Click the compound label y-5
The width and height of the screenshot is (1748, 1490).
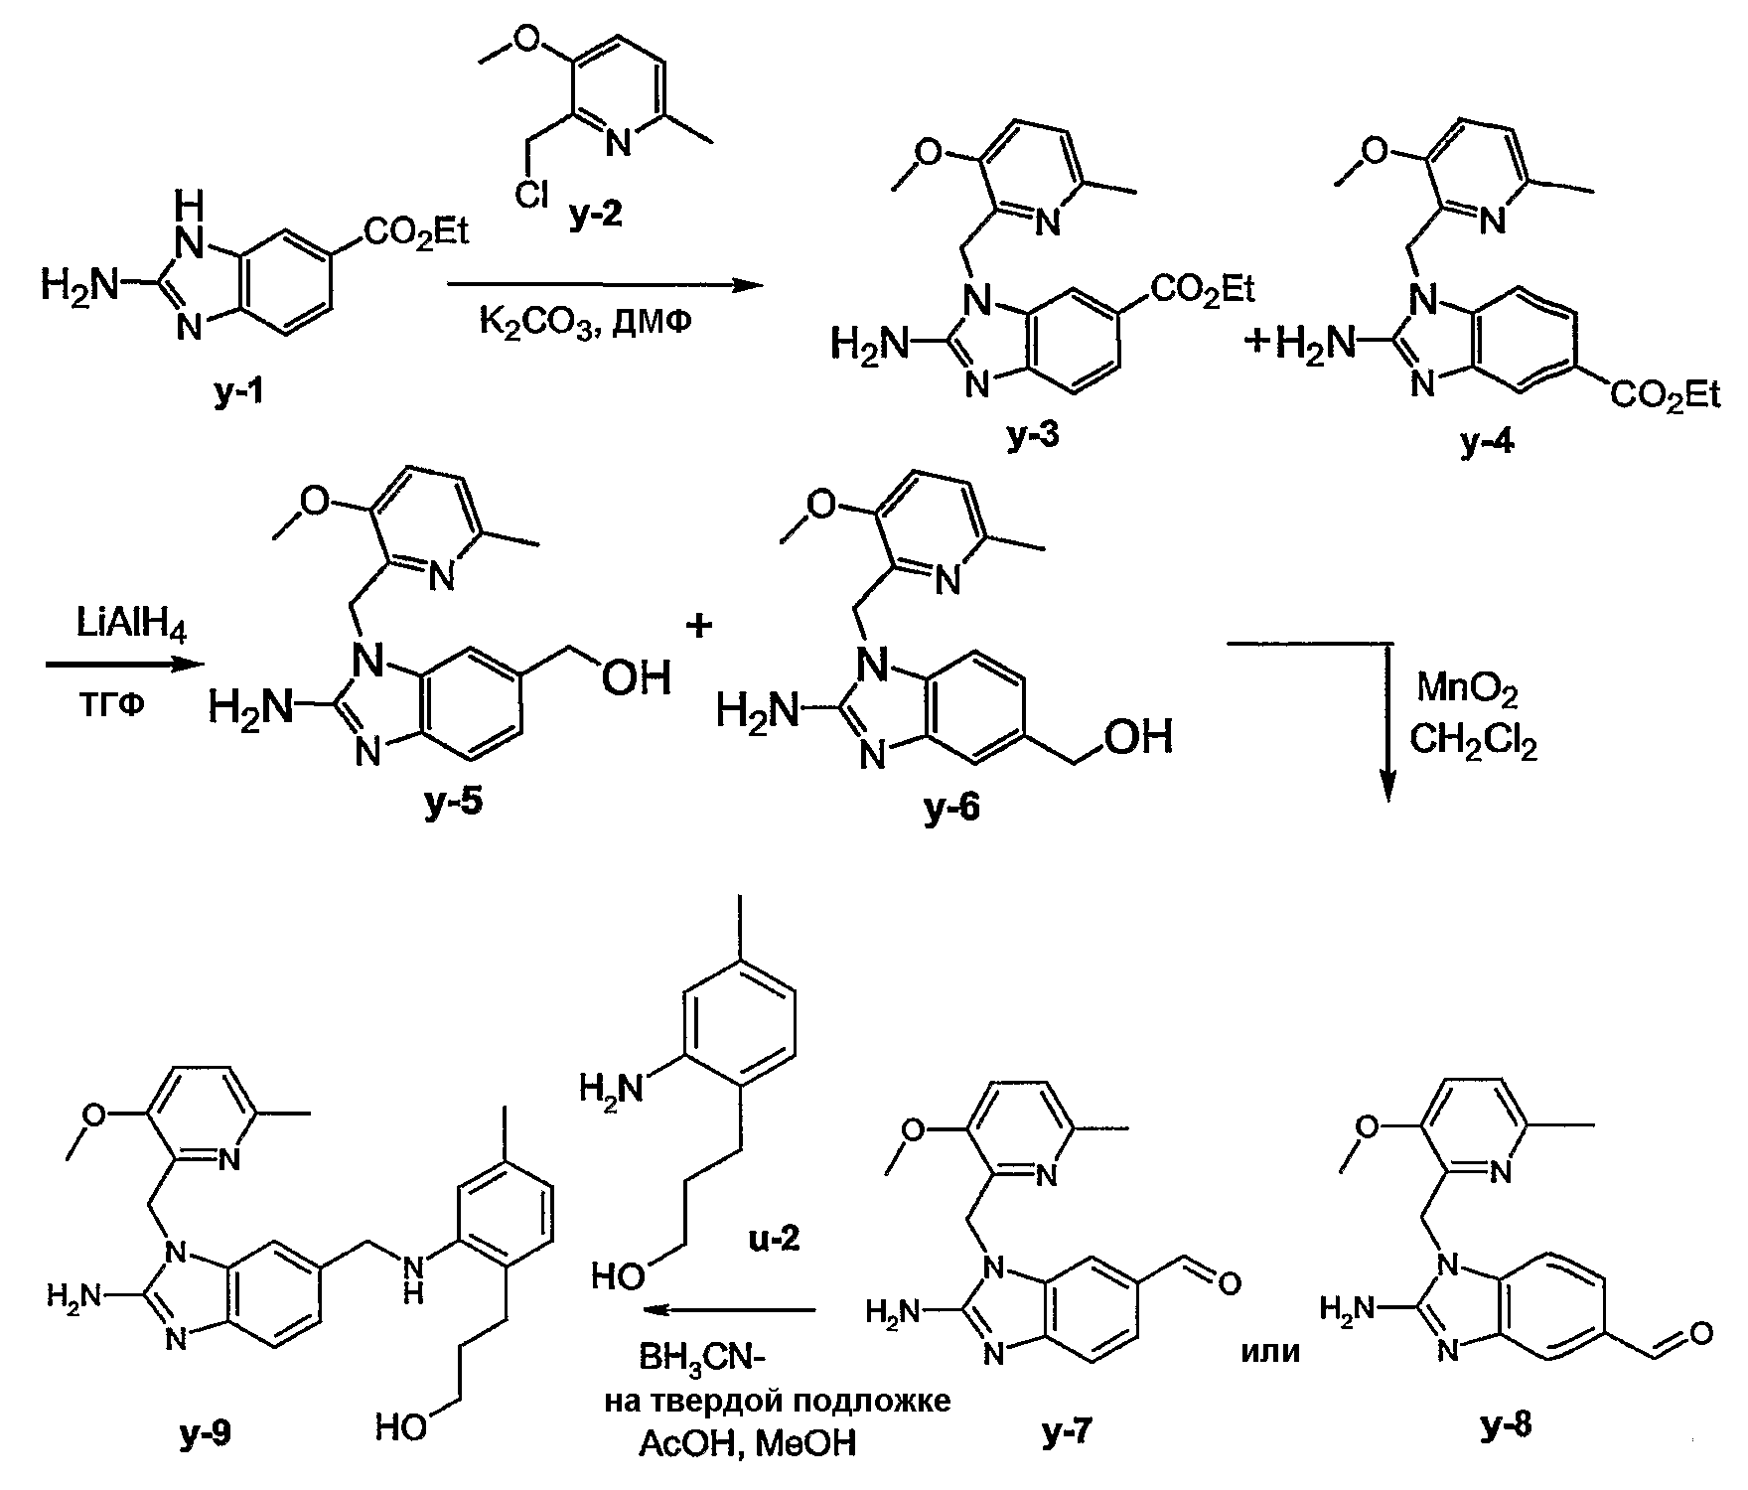point(454,803)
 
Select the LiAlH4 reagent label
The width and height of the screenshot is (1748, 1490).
point(131,626)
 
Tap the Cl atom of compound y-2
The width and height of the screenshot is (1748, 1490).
point(531,197)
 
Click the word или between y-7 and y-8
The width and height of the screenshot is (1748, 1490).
point(1270,1351)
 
